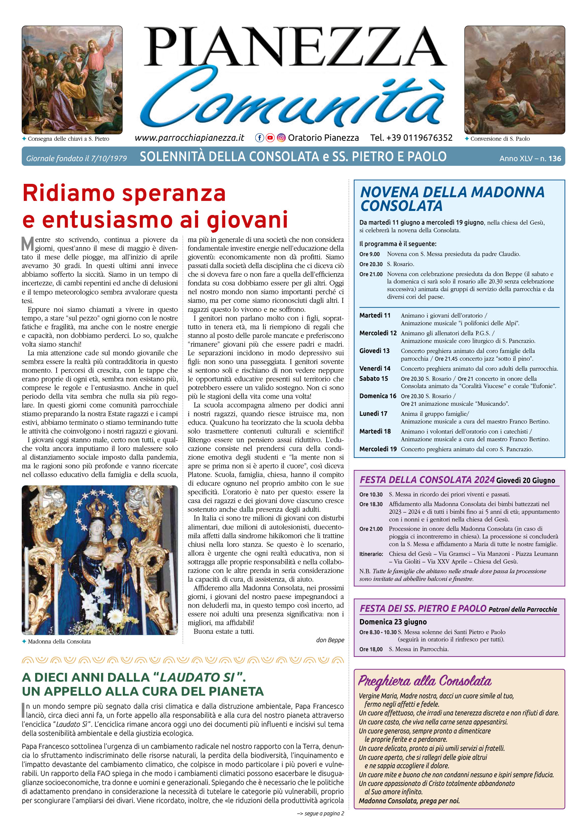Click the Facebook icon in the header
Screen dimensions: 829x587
tap(259, 138)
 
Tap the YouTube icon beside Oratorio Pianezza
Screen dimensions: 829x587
tap(270, 138)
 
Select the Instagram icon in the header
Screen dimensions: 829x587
tap(281, 138)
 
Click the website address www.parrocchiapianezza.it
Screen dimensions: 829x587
tap(189, 138)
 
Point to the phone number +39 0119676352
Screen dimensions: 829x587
tap(411, 138)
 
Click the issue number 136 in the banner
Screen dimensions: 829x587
tap(555, 158)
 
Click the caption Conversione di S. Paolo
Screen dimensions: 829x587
tap(500, 139)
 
